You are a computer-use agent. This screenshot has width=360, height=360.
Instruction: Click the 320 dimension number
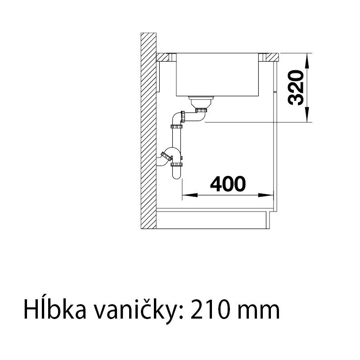(296, 88)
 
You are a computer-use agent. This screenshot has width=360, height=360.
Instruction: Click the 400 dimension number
(228, 184)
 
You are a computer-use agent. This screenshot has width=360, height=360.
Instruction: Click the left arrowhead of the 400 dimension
(190, 195)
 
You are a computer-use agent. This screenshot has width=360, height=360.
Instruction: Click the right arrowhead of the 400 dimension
(266, 195)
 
